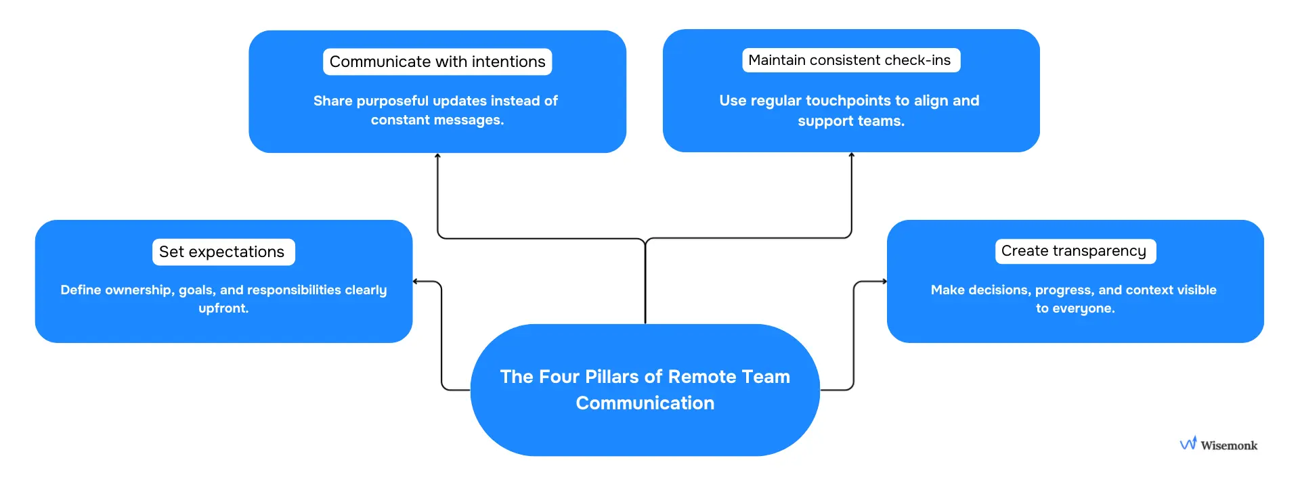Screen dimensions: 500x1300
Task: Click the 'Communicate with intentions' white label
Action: pos(437,62)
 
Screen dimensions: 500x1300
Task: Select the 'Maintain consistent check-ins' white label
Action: pos(850,60)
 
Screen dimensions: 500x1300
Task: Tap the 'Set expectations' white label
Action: pos(223,252)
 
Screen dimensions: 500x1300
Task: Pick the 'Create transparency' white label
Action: pos(1075,251)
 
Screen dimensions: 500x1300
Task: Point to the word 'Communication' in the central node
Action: pos(645,403)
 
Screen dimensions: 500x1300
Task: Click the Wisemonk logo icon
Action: pos(1188,443)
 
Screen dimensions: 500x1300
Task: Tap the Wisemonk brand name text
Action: pos(1229,445)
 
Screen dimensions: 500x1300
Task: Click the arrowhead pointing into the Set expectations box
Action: pos(416,281)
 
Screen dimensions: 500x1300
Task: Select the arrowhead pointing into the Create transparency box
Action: pos(884,281)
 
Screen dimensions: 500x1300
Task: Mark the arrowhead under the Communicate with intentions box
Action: pos(437,156)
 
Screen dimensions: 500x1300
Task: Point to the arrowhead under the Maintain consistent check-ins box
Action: pos(851,156)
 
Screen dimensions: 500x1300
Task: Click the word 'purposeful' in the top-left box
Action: pos(392,101)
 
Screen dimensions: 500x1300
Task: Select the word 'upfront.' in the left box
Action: pos(223,309)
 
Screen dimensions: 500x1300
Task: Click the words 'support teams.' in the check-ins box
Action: pos(851,121)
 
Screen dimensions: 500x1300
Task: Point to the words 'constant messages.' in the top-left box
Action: pos(437,120)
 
